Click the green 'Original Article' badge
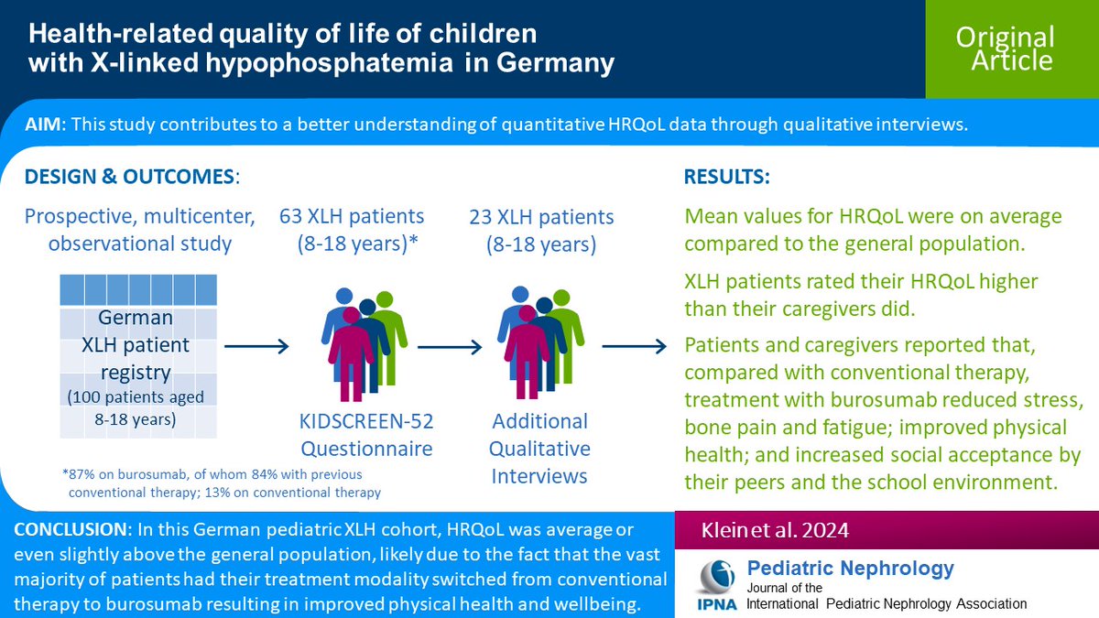pos(1005,49)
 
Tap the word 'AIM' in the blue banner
pos(44,125)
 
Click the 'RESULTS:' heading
pos(727,176)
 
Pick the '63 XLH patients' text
pos(352,217)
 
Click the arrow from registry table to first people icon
pos(256,346)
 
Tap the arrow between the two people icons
pos(450,346)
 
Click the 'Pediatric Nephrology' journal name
pos(851,568)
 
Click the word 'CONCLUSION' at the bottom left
pos(69,532)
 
